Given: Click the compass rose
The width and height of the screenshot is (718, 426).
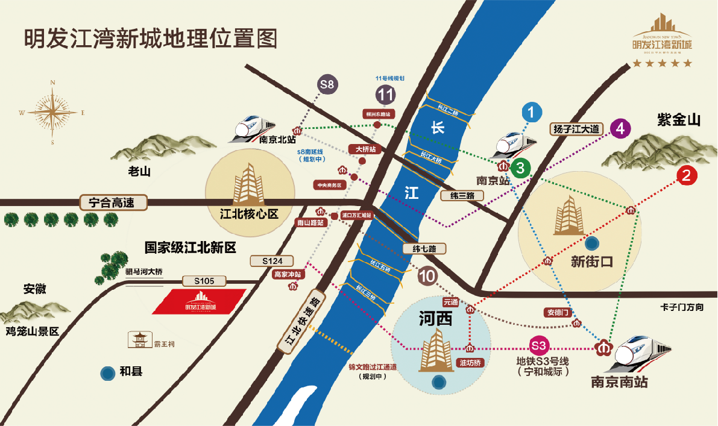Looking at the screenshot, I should coord(53,112).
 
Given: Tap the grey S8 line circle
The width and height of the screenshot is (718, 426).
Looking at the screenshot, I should coord(327,85).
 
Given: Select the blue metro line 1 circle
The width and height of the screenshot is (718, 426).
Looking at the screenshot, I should coord(531,112).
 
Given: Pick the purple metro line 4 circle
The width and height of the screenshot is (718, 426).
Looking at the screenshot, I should coord(620,128).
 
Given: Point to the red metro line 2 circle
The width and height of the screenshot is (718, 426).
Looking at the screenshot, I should coord(686,175).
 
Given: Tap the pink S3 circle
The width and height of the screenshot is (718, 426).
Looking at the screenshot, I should coord(538,346).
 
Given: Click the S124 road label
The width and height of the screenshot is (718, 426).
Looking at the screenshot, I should coord(272,261).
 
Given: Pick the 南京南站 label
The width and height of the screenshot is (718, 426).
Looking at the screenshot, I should coord(619,381).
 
